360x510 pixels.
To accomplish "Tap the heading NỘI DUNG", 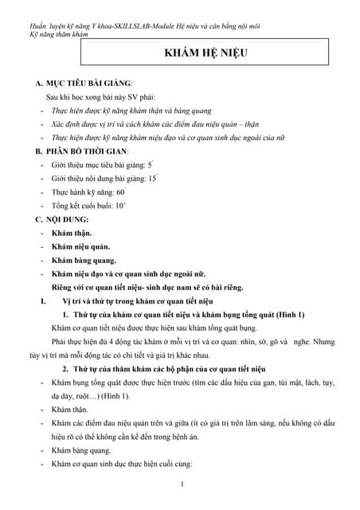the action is tap(68, 218).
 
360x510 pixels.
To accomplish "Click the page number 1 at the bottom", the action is tap(182, 484).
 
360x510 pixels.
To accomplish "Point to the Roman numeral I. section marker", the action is tap(33, 301).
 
